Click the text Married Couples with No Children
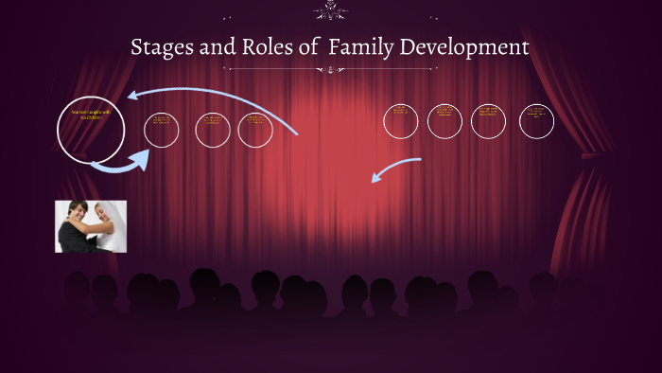[91, 115]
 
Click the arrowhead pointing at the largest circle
[133, 94]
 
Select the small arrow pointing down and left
[378, 177]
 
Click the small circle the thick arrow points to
[162, 130]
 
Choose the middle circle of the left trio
[213, 130]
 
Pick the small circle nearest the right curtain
[536, 120]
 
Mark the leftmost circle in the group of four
[401, 120]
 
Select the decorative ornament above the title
[331, 11]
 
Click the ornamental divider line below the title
[331, 69]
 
